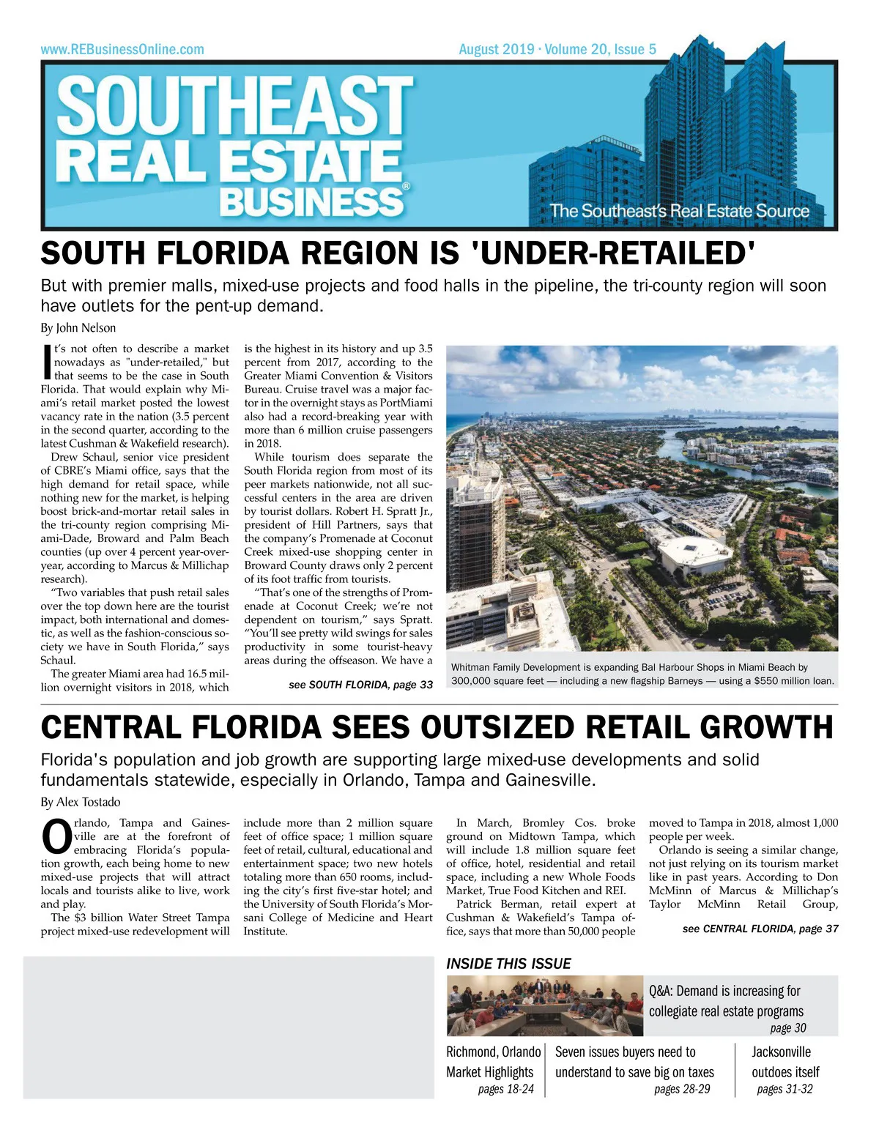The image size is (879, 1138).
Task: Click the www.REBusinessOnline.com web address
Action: (x=122, y=50)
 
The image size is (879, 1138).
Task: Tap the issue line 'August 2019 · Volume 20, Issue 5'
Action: (x=557, y=50)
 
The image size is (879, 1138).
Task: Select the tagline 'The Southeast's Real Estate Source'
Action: (x=680, y=211)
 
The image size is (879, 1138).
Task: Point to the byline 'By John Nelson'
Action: (x=78, y=328)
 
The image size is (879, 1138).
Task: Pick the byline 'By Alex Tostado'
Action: (x=81, y=802)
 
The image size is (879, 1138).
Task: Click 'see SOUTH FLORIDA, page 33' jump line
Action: (x=360, y=685)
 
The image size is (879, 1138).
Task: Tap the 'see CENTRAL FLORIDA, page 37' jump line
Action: (x=760, y=929)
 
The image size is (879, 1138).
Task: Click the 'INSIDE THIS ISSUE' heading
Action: (x=508, y=964)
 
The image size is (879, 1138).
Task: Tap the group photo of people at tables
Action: (x=545, y=1005)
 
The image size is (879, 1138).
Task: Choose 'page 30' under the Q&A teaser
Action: (x=788, y=1028)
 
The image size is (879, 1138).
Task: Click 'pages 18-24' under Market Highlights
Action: (x=505, y=1089)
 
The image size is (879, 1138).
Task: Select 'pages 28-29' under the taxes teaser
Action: (x=682, y=1089)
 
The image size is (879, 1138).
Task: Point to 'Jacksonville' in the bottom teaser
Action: (x=781, y=1052)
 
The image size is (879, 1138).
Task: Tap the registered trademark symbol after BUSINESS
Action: (x=407, y=187)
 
